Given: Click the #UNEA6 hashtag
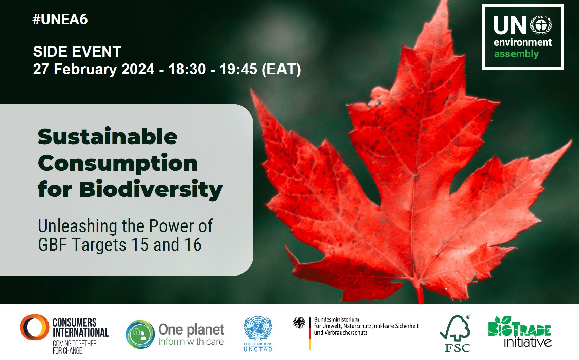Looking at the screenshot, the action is (60, 19).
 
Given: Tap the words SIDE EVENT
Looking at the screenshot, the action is (77, 51).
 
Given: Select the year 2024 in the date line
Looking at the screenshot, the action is (138, 69).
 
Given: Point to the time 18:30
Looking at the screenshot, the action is (187, 69).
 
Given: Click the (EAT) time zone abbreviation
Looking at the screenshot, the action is (281, 69).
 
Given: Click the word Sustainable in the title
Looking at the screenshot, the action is (108, 136).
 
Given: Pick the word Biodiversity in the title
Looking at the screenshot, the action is (151, 189).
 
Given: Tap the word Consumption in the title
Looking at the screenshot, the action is (118, 164).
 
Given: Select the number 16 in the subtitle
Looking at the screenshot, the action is (193, 244).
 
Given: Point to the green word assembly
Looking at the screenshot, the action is (516, 54).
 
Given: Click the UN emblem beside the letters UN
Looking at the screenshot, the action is (541, 25).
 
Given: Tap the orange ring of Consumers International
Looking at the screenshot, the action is (35, 327).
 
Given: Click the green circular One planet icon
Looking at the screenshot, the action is (140, 334).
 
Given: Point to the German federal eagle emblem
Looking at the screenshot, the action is (299, 323).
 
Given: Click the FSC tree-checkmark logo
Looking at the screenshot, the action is (455, 333).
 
